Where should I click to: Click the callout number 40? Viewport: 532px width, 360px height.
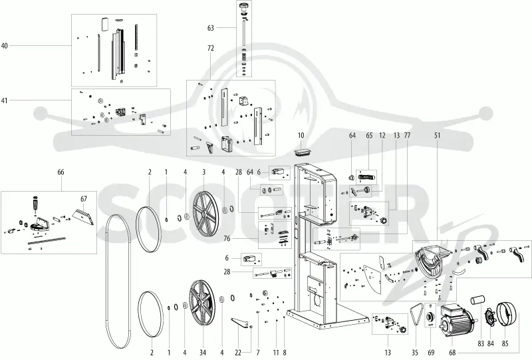[x=5, y=46]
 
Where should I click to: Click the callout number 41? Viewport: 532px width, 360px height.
[x=5, y=100]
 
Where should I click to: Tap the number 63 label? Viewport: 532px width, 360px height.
[x=211, y=28]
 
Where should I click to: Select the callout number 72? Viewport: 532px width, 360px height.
[x=211, y=48]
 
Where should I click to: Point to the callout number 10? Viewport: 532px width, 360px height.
[x=301, y=136]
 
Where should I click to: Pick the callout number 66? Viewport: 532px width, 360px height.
[x=61, y=172]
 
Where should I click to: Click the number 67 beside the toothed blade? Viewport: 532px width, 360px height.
[x=84, y=199]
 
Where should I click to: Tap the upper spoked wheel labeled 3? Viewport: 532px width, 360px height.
[x=205, y=212]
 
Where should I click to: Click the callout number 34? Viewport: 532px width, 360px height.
[x=203, y=353]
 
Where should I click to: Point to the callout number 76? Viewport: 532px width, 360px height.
[x=227, y=239]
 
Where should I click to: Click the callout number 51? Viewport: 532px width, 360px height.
[x=438, y=136]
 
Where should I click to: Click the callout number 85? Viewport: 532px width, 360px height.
[x=505, y=343]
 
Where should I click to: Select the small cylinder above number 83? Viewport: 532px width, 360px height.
[x=477, y=301]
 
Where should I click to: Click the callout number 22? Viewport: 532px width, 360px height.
[x=238, y=353]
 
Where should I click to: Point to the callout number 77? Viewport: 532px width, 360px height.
[x=407, y=136]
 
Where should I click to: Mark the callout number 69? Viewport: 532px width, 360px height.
[x=431, y=353]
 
